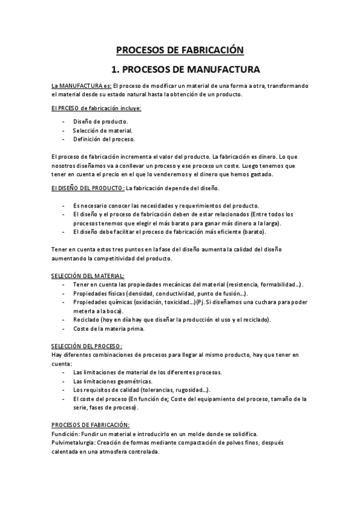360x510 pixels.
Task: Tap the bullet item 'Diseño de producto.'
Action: point(100,121)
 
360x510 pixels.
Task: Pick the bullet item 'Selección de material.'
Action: point(103,130)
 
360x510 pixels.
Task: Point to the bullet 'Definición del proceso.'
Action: point(104,139)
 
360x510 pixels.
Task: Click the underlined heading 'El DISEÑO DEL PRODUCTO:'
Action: point(88,188)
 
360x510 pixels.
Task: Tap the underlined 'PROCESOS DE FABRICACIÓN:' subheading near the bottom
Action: point(91,425)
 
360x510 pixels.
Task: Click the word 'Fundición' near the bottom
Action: point(66,434)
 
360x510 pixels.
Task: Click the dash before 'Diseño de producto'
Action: point(64,121)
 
